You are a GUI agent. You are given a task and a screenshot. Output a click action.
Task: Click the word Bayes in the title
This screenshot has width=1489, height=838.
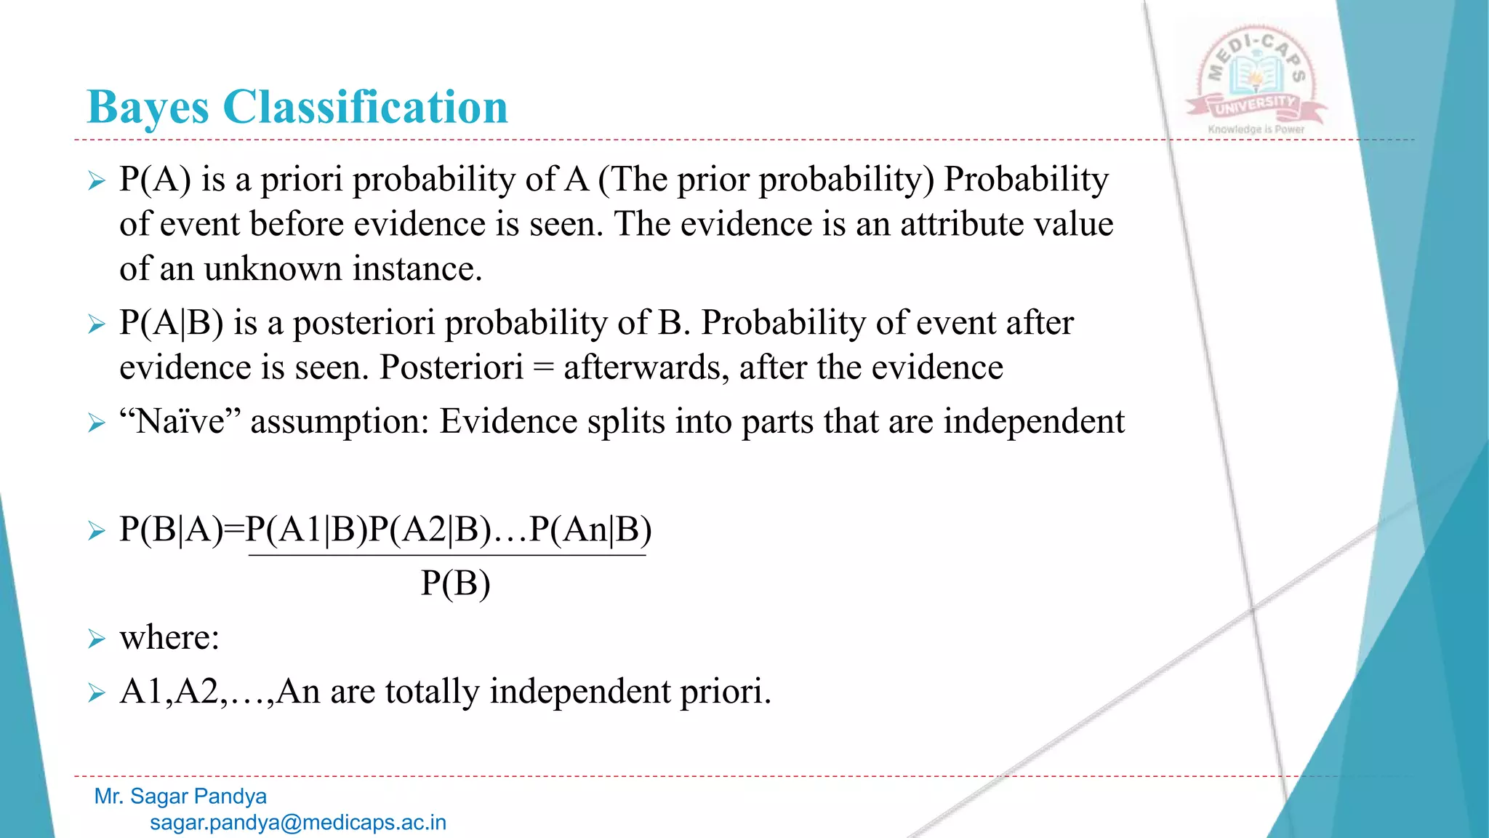tap(148, 108)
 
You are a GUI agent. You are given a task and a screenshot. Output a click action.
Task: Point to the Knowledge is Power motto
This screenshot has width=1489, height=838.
tap(1256, 129)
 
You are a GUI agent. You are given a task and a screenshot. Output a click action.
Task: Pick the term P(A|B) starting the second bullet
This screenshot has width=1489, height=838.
tap(172, 322)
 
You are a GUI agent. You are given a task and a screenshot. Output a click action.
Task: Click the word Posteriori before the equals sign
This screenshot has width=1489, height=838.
tap(451, 367)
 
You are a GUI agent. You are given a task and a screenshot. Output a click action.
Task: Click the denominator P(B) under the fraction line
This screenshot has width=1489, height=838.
tap(456, 583)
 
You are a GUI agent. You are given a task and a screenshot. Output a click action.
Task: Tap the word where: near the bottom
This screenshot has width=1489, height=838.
tap(169, 638)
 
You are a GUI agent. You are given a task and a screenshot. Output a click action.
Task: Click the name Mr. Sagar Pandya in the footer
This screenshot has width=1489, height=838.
tap(180, 797)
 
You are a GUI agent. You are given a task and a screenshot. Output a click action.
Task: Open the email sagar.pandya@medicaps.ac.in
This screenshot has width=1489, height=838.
tap(298, 823)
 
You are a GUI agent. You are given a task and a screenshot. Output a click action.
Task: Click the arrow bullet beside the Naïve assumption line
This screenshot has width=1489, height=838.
tap(97, 422)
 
